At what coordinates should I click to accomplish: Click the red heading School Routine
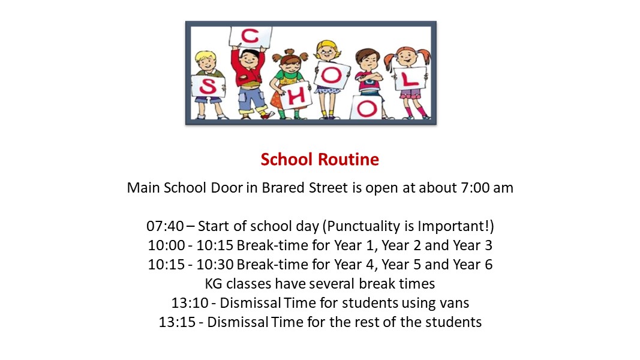[x=320, y=159]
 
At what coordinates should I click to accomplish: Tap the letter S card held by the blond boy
[x=208, y=86]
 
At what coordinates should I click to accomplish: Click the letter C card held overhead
[x=250, y=37]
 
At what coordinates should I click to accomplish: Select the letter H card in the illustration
[x=297, y=96]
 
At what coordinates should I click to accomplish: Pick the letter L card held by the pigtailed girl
[x=410, y=79]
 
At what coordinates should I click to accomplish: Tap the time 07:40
[x=166, y=226]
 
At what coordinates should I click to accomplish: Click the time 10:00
[x=167, y=245]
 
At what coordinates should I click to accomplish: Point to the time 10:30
[x=215, y=265]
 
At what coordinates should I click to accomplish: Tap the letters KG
[x=214, y=284]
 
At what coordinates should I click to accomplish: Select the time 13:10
[x=190, y=303]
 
